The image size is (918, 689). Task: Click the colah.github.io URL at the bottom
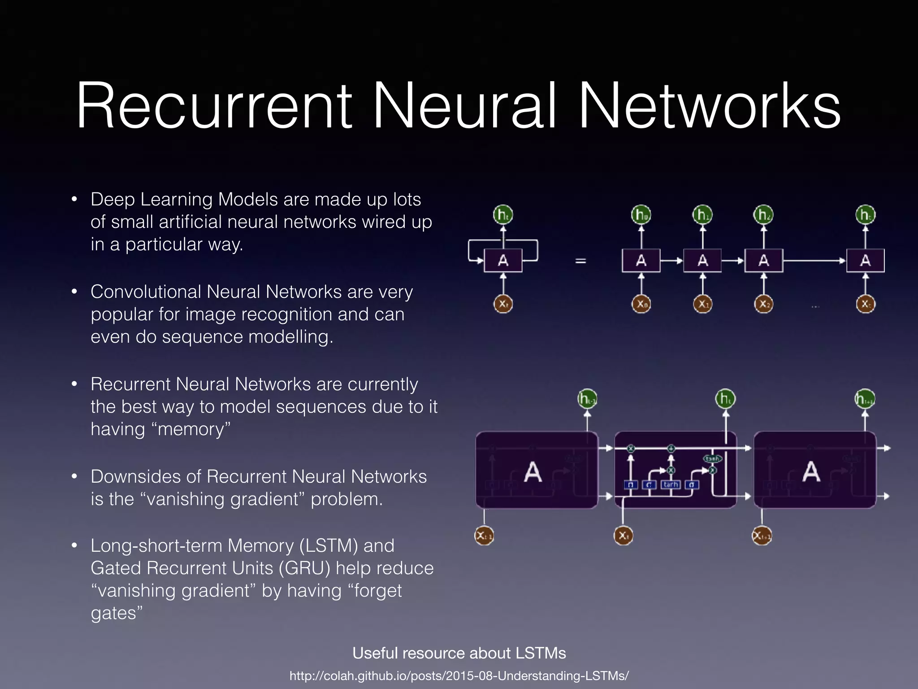coord(459,676)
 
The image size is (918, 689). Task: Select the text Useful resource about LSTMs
coord(459,653)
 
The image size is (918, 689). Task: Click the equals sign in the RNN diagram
coord(580,261)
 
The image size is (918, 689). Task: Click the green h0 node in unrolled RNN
coord(641,215)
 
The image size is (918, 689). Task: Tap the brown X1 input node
coord(702,304)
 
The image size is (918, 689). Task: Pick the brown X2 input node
coord(763,304)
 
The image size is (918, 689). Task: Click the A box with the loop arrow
coord(503,261)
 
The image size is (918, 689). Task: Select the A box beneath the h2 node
coord(763,261)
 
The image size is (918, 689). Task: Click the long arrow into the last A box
coord(814,261)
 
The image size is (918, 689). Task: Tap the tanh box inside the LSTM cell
coord(671,484)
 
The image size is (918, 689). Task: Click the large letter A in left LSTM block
coord(533,472)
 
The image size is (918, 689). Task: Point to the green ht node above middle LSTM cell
coord(725,399)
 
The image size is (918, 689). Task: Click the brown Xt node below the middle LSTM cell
coord(623,536)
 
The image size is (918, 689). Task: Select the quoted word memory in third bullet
coord(194,429)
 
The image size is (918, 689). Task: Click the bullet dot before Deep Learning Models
coord(74,200)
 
